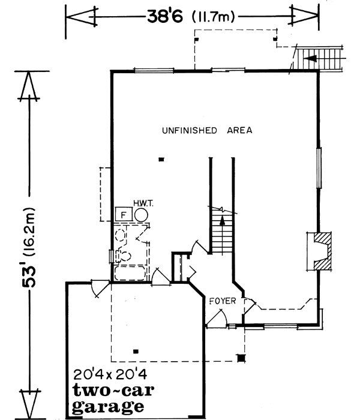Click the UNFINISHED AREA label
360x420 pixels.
coord(206,130)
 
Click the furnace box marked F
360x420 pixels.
coord(124,214)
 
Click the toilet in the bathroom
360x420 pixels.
coord(122,256)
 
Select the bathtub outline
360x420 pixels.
coord(128,274)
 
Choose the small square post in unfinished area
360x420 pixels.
coord(161,159)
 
